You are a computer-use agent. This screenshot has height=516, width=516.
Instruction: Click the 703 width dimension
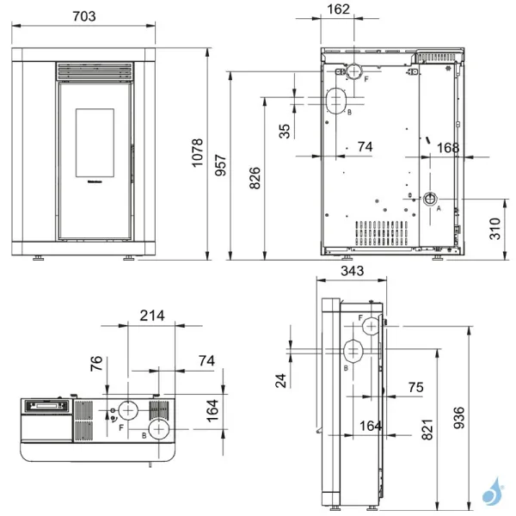(x=83, y=16)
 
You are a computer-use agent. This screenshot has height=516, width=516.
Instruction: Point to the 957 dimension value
(x=219, y=166)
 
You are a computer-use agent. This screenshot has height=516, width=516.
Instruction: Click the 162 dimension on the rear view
(x=339, y=11)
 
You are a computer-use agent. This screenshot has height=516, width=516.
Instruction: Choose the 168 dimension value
(x=447, y=147)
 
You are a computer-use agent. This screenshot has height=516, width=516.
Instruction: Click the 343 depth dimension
(x=352, y=272)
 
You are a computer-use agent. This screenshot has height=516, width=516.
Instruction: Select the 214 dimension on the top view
(x=152, y=316)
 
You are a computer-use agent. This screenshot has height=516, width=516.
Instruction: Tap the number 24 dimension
(x=280, y=380)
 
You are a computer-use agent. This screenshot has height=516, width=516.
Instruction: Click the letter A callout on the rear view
(x=439, y=207)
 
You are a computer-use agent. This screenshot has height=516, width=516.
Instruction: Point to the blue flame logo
(x=494, y=494)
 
